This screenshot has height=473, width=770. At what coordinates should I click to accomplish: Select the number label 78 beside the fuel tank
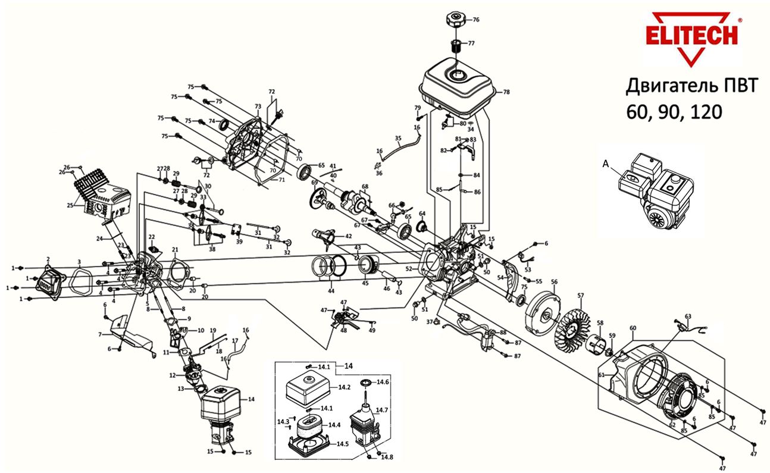pos(506,92)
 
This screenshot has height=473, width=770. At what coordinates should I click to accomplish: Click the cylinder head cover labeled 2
pos(50,280)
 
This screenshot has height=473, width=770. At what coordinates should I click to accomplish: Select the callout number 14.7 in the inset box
pos(381,410)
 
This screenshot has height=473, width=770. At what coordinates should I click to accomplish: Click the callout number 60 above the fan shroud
pos(633,328)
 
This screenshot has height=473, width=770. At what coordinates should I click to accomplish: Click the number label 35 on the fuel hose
pos(398,138)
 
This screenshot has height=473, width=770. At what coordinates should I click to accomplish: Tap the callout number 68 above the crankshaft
pos(365,187)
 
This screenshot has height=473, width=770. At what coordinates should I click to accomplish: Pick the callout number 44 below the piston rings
pos(330,291)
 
